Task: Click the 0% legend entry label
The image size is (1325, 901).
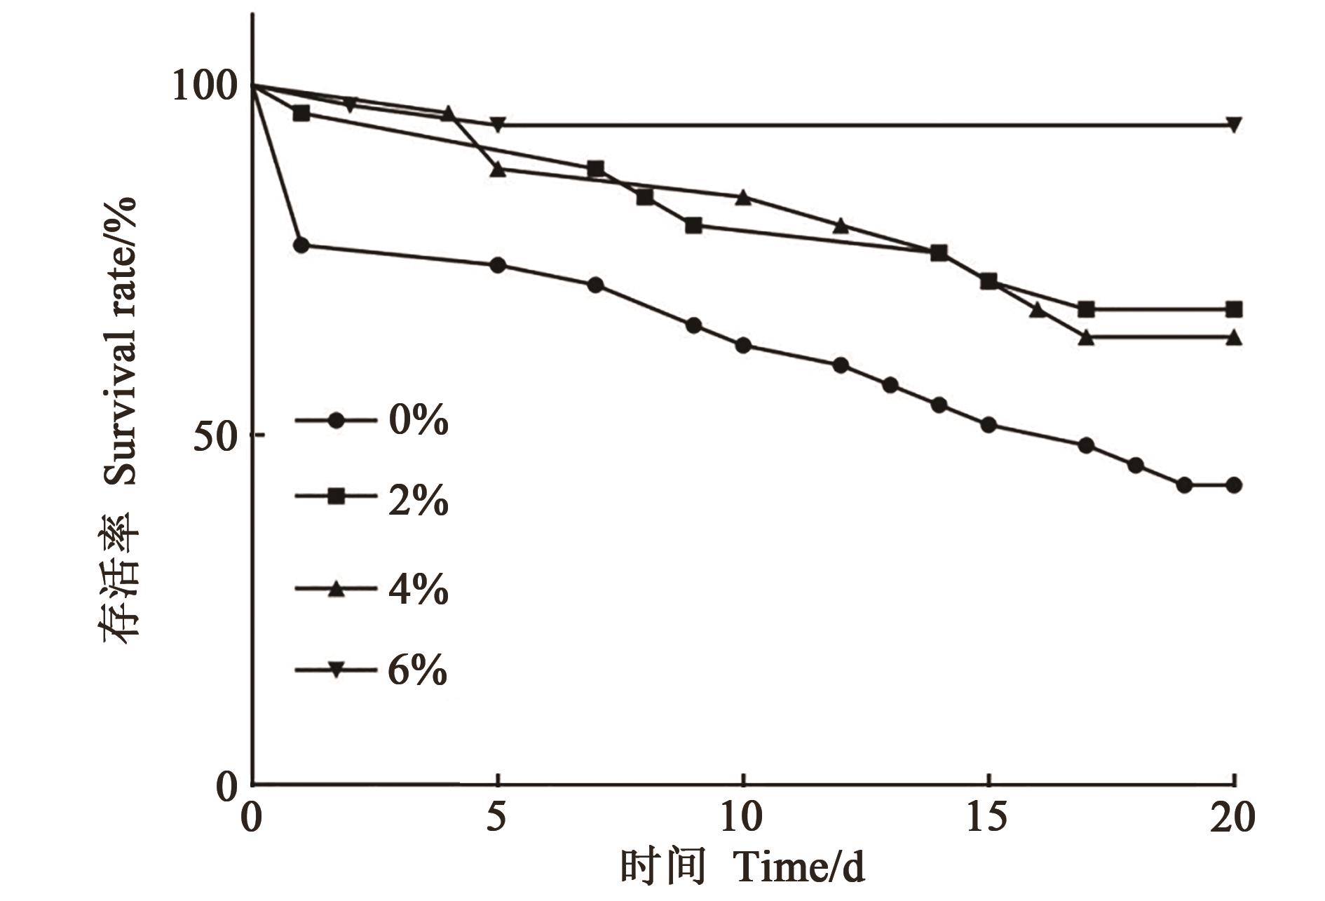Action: [418, 421]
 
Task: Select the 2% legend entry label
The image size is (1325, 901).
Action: [418, 501]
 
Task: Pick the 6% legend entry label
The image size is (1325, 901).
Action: [418, 671]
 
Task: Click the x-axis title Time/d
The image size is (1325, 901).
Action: [799, 867]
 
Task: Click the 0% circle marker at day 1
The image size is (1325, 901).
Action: [301, 245]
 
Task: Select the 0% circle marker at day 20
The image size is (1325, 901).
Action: [1235, 485]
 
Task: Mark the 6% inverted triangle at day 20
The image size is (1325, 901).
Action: [1235, 125]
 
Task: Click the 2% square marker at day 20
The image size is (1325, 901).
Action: [1235, 309]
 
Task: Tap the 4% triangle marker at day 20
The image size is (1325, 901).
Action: [1235, 337]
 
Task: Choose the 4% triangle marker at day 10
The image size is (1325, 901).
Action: [744, 197]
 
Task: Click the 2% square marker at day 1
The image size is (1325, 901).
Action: [301, 113]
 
